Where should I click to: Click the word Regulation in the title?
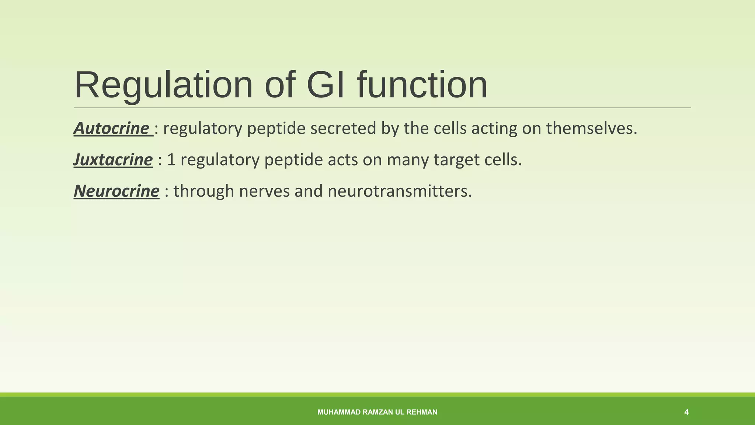click(163, 86)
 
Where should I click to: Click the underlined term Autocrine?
click(111, 129)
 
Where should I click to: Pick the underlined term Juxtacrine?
click(113, 160)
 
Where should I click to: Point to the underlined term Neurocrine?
click(116, 191)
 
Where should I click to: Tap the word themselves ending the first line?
click(591, 129)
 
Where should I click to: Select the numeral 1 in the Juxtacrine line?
click(171, 160)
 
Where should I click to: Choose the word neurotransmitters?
click(399, 191)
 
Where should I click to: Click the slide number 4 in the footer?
click(686, 412)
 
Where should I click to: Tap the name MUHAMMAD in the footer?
click(339, 412)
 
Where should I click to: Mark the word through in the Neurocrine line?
click(203, 191)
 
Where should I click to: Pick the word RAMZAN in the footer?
click(378, 412)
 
